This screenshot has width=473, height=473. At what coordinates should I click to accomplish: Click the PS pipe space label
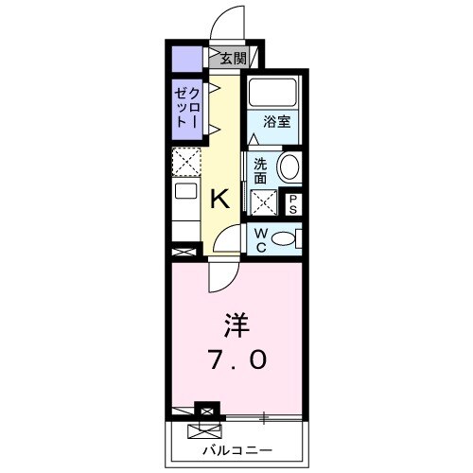294,203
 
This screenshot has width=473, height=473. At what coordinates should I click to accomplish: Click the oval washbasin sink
289,168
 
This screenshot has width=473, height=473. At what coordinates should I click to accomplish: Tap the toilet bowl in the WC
283,239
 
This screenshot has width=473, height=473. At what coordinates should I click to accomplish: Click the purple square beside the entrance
185,59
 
